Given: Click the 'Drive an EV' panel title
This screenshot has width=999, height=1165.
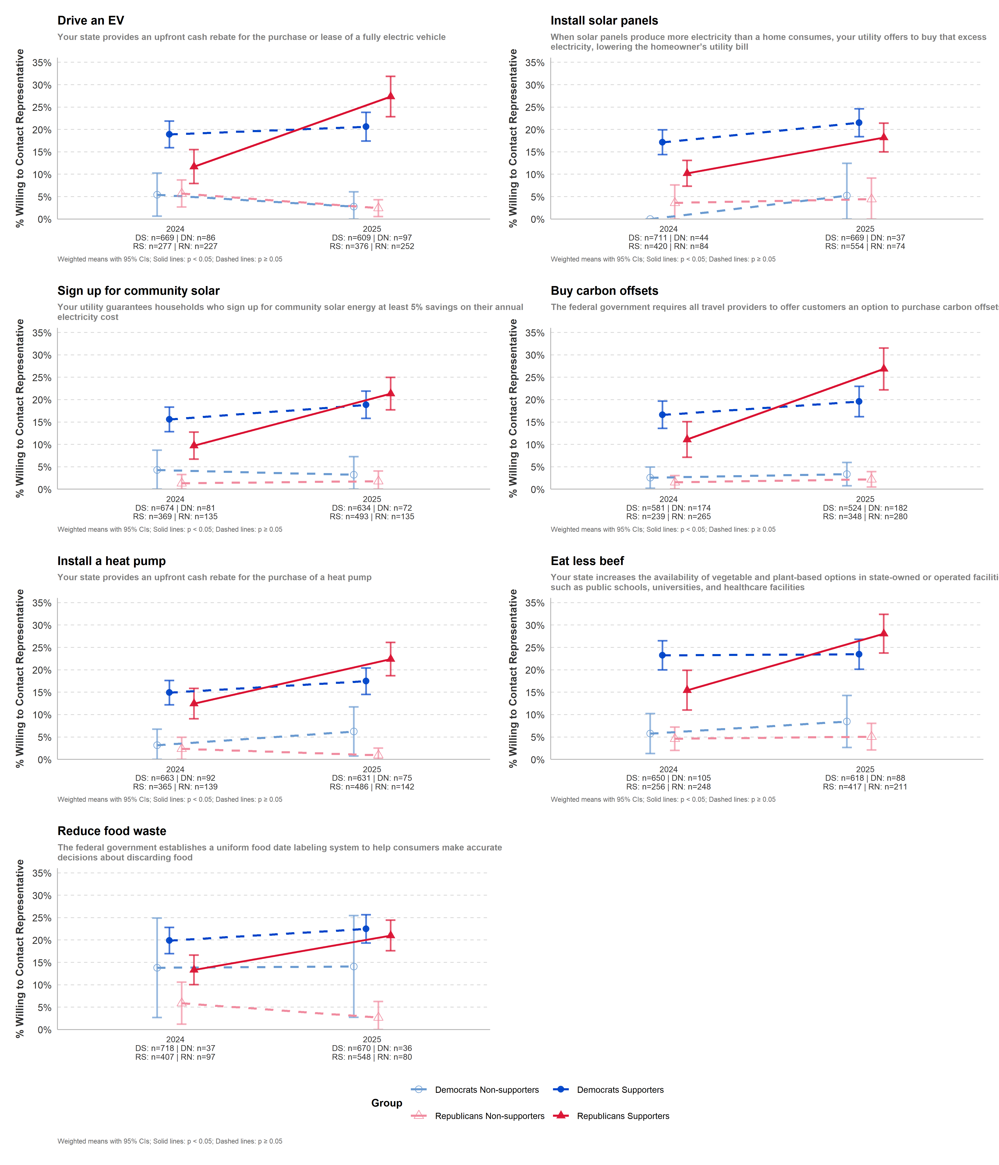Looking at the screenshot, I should point(91,21).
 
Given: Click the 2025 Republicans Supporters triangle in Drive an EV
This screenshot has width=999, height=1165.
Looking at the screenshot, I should point(390,96).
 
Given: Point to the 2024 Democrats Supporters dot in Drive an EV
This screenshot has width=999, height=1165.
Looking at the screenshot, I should point(169,134).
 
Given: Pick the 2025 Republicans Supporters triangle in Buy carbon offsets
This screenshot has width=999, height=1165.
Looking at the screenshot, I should point(884,368).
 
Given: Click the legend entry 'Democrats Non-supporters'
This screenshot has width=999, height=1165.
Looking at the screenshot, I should point(487,1090).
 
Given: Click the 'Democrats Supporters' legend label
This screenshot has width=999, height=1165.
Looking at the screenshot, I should point(620,1090).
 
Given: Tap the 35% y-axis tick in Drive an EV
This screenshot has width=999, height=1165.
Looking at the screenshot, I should point(42,63).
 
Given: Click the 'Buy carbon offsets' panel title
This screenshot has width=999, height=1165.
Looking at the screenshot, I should point(604,291).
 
